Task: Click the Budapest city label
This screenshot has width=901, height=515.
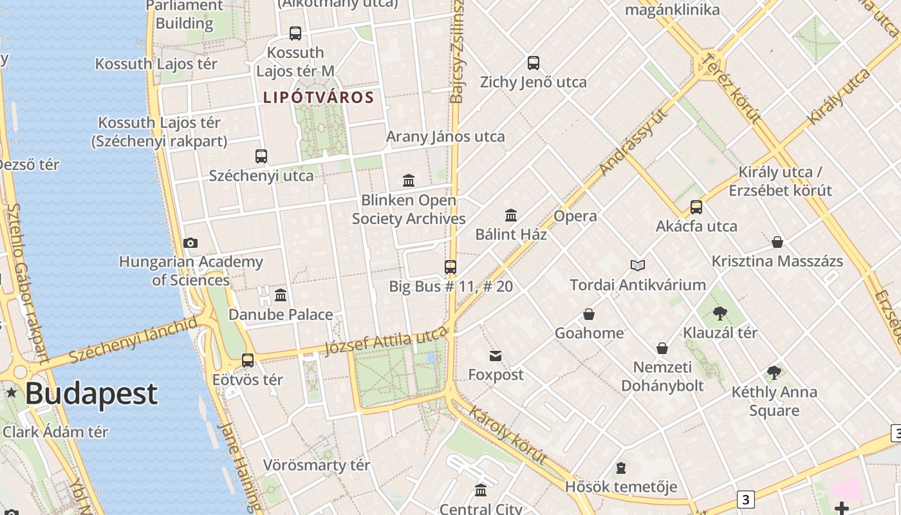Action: click(91, 393)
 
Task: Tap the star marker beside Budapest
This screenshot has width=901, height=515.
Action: click(12, 392)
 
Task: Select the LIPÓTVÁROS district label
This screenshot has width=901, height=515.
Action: click(318, 97)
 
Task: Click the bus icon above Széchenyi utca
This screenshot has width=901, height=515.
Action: click(261, 156)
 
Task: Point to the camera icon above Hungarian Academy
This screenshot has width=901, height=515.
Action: click(190, 243)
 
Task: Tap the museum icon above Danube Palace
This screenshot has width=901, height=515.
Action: click(281, 295)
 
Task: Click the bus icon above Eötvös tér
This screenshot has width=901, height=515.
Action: click(248, 360)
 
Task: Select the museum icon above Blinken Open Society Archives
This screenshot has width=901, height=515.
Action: click(409, 180)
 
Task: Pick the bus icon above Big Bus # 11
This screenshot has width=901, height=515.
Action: click(450, 267)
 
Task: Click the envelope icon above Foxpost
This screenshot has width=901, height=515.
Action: click(496, 356)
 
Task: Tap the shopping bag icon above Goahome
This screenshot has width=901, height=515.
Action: click(589, 314)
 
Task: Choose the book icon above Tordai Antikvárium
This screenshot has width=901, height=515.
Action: click(638, 265)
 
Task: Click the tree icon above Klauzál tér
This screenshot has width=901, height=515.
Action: click(720, 314)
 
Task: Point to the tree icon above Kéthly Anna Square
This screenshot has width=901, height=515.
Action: click(774, 372)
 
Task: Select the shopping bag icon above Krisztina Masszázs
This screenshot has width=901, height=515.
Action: click(777, 242)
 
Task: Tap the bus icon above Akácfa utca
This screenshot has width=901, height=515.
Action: click(696, 207)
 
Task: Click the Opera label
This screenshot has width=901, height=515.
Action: click(575, 216)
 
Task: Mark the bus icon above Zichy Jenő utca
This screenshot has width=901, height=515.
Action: click(534, 63)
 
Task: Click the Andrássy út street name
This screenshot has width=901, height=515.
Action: click(633, 142)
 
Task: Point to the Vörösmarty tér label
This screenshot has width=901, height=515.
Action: click(317, 465)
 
